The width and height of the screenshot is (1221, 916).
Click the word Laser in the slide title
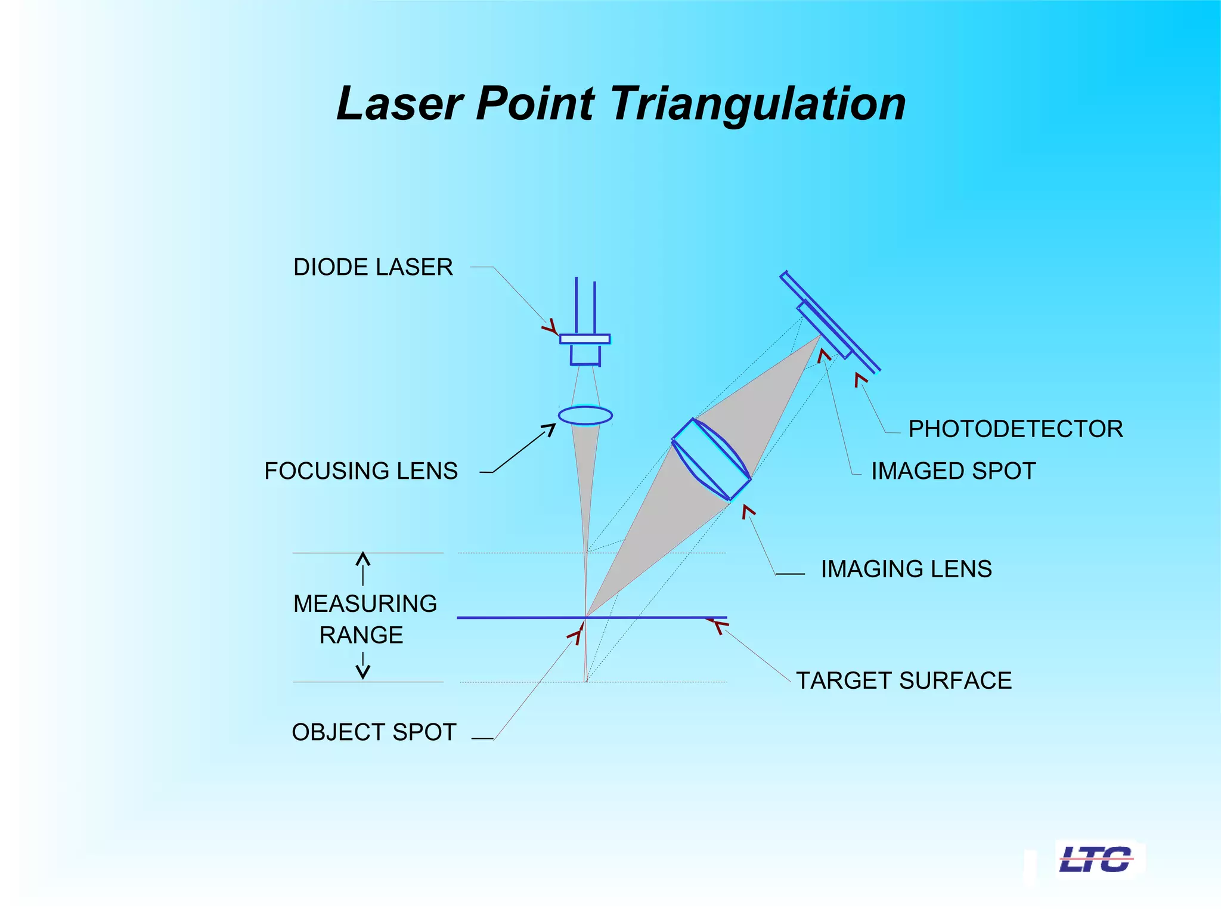point(400,104)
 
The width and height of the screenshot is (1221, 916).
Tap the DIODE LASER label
point(373,267)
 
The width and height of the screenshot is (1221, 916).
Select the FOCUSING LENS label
point(361,471)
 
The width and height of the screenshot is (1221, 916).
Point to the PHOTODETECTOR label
point(1015,429)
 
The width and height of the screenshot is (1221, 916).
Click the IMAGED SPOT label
point(953,471)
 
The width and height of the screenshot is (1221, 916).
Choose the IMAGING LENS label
point(906,569)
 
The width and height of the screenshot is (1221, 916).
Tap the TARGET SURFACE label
point(904,680)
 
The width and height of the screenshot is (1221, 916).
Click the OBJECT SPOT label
point(374,732)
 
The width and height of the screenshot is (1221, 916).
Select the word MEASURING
point(365,604)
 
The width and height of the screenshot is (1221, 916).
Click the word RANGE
point(361,635)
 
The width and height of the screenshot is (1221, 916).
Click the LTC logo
point(1096,859)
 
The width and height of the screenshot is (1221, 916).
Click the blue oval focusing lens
point(585,415)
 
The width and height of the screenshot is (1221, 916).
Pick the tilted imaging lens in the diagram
point(711,459)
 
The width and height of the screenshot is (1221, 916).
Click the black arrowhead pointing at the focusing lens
point(549,429)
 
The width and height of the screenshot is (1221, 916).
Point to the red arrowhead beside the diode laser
point(550,327)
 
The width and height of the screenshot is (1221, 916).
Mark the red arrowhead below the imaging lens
point(748,511)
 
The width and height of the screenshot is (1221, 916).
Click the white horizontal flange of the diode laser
point(585,339)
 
